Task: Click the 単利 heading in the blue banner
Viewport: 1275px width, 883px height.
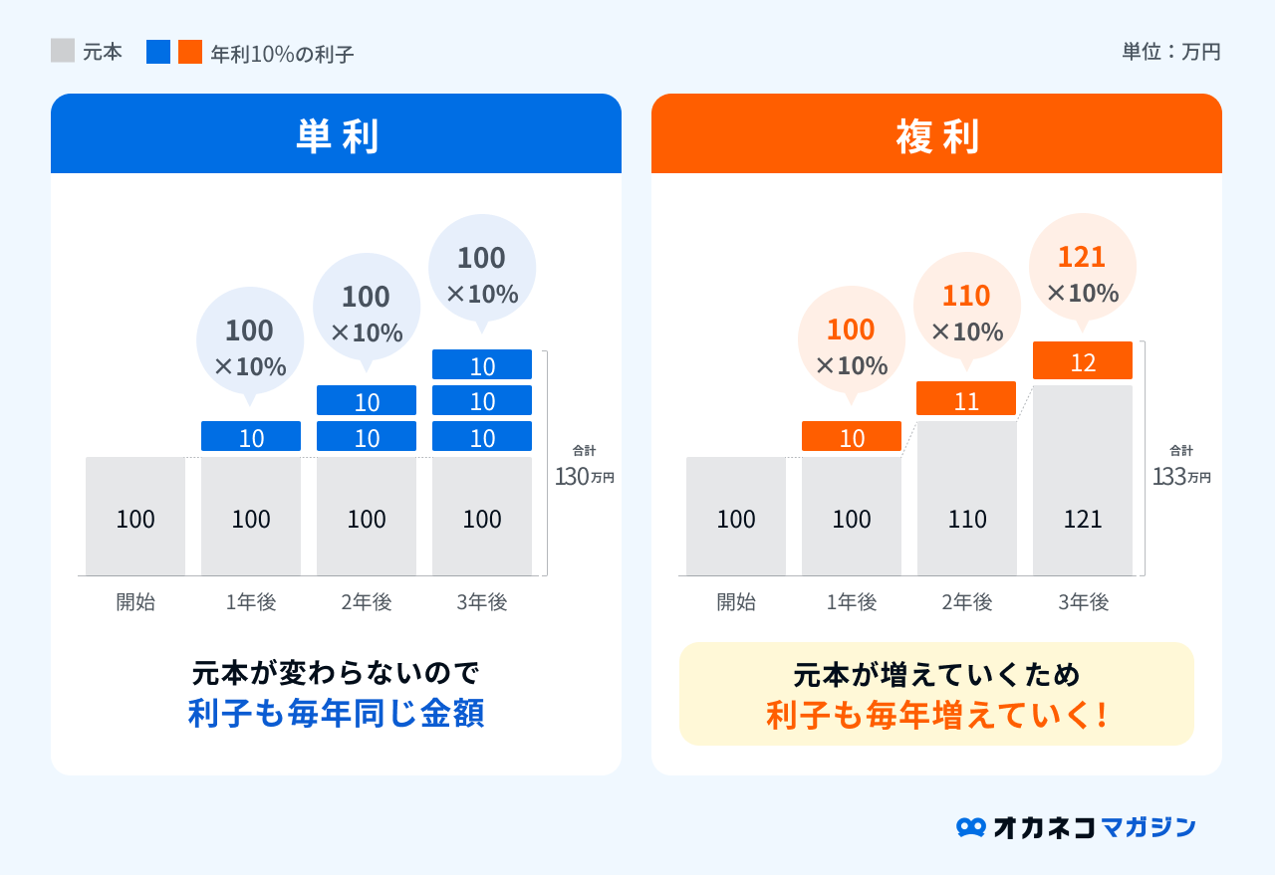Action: pos(337,136)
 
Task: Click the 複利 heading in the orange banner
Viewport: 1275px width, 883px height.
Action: pos(937,136)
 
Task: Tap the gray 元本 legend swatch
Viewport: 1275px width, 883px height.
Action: pos(63,51)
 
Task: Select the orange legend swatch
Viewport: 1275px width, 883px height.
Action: pos(190,52)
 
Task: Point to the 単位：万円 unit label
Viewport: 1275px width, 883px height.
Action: pos(1170,52)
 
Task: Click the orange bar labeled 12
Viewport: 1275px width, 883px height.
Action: pos(1083,361)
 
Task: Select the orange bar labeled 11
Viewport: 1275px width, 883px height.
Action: pos(966,399)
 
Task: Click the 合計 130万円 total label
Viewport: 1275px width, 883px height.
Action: pos(585,466)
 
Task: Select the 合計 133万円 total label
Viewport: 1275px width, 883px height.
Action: pos(1182,466)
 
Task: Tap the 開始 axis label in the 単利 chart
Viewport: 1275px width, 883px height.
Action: pos(135,602)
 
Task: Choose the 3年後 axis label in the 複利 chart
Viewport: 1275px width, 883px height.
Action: pos(1083,602)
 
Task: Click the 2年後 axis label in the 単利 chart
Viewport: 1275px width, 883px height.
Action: pos(367,602)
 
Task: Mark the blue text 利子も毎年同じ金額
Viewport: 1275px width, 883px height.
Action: pos(337,715)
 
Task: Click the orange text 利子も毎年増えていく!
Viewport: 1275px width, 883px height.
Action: pos(937,715)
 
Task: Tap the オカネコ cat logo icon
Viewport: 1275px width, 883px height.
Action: pos(970,827)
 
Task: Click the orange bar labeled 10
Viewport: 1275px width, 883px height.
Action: pos(852,437)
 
